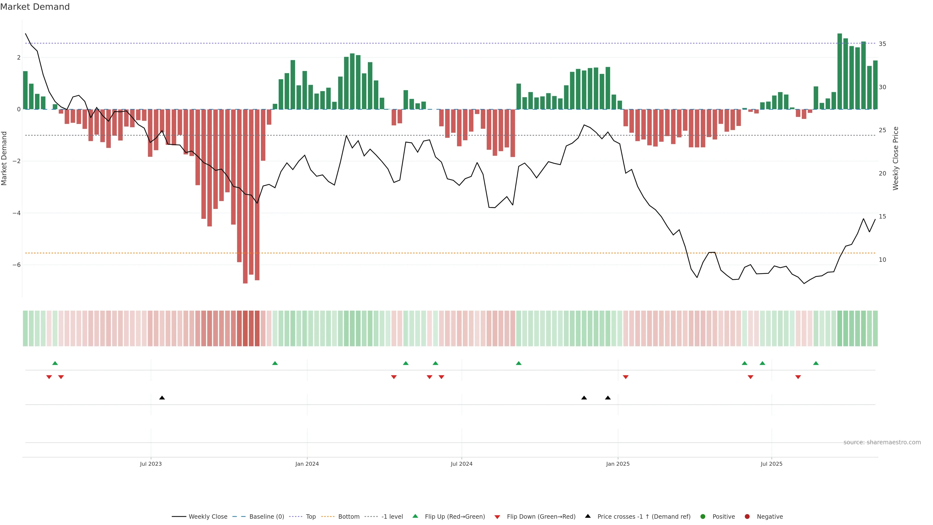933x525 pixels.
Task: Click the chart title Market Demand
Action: point(35,7)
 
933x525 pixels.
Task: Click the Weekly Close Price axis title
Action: point(895,158)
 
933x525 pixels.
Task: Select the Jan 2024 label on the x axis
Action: point(307,464)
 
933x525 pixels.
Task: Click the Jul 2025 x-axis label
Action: point(771,464)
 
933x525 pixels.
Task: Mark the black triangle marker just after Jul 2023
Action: point(162,398)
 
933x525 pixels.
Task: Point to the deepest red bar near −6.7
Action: point(245,196)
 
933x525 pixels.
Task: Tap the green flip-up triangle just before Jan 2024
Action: point(275,363)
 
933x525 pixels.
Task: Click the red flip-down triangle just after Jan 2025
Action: point(625,377)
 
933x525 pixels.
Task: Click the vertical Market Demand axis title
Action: point(4,158)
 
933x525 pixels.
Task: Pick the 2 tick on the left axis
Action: point(18,58)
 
